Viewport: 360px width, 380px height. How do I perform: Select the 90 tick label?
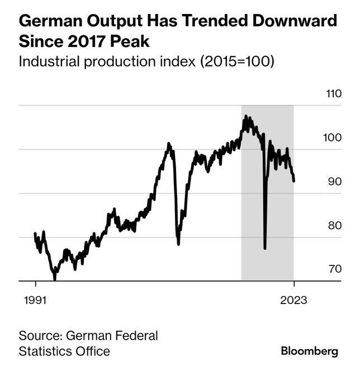[x=334, y=182]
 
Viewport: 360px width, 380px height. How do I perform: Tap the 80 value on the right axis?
[x=334, y=226]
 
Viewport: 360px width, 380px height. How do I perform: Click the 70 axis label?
[x=334, y=269]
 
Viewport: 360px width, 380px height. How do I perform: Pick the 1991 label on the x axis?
[x=35, y=300]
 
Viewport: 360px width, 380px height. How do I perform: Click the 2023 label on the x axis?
[x=293, y=300]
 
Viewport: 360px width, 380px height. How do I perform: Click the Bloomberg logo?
[x=309, y=351]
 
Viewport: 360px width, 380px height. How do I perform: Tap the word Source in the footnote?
[x=40, y=336]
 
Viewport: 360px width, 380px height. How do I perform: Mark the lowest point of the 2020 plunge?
[x=264, y=249]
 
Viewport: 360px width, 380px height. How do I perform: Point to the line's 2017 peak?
[x=245, y=117]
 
